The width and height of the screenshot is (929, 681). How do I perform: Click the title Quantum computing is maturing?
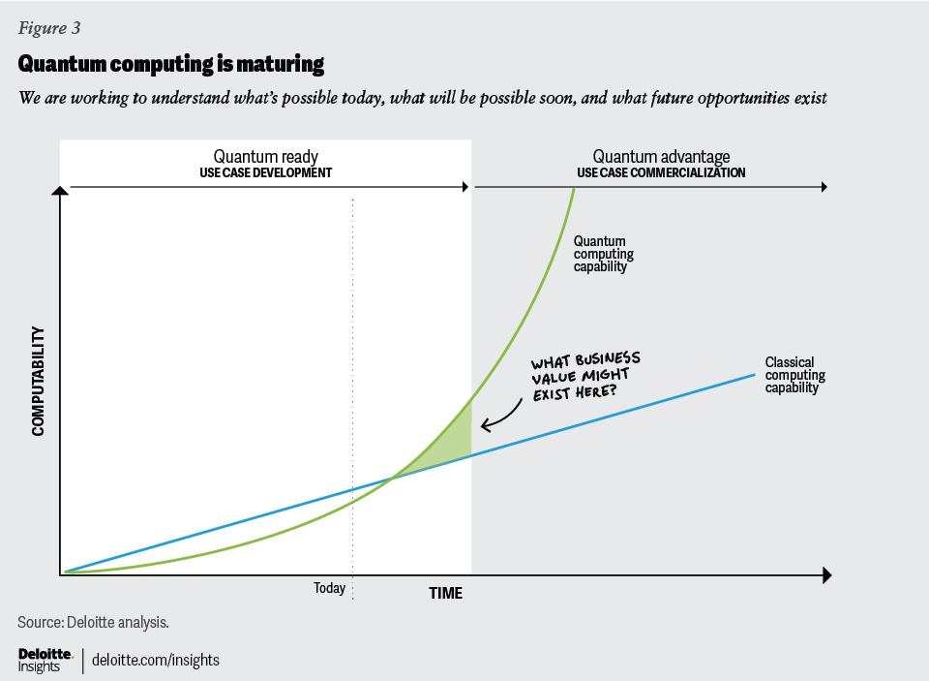coord(170,65)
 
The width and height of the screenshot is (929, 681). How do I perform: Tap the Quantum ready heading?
coord(265,157)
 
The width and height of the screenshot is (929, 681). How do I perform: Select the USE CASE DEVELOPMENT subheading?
coord(265,173)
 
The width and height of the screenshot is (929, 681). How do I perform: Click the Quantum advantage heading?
coord(661,157)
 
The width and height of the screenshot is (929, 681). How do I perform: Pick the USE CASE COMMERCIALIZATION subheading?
coord(661,173)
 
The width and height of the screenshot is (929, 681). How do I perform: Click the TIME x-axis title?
coord(446,593)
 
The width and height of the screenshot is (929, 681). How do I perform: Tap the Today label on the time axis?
coord(329,588)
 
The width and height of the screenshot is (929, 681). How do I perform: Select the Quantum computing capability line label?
coord(604,254)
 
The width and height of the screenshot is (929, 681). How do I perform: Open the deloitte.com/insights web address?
coord(156,661)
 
